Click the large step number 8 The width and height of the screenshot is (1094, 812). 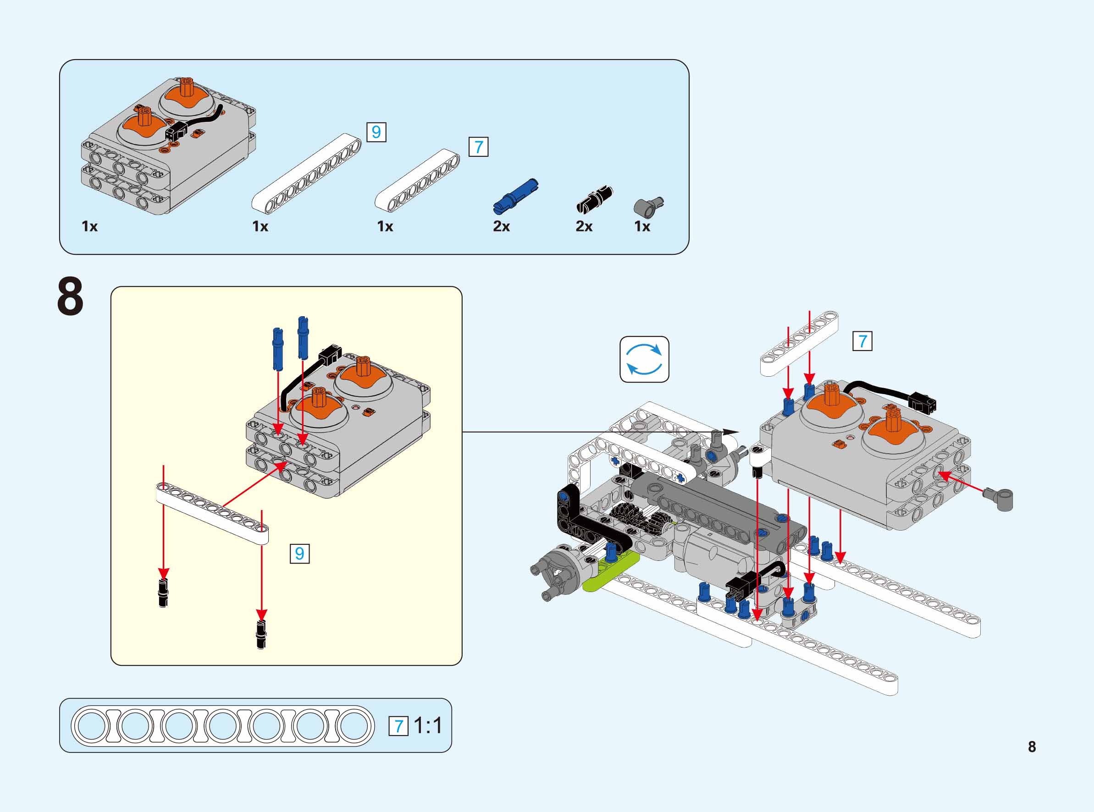pos(70,297)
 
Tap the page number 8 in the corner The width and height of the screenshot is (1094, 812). pos(1032,746)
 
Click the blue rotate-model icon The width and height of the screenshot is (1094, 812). pos(644,359)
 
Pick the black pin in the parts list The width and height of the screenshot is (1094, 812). pos(594,199)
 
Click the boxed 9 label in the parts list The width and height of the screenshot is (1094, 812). pos(376,132)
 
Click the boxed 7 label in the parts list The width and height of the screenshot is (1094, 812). pos(478,147)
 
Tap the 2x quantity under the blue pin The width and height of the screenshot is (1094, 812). pos(501,226)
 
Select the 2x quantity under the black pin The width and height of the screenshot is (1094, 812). pos(584,226)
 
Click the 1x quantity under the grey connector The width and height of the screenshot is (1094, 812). pos(641,226)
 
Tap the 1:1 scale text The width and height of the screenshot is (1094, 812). pos(428,725)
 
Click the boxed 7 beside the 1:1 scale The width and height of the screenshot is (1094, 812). pos(398,726)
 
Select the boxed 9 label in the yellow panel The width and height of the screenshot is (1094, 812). pos(299,554)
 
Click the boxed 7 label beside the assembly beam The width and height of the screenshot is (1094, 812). pos(862,341)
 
